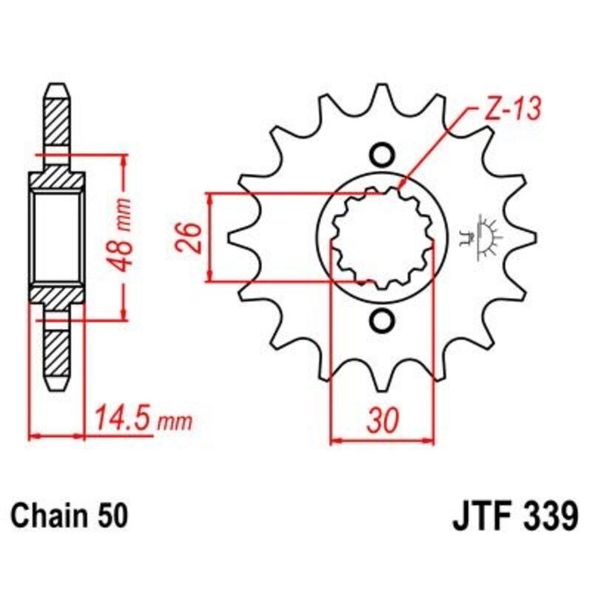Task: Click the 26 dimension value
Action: pos(191,237)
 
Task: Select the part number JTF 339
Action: pos(513,514)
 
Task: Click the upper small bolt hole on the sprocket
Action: pos(382,154)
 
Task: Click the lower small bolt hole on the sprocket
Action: pos(382,321)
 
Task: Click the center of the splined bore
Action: pos(382,238)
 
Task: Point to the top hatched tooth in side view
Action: pos(58,122)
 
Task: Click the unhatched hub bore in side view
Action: pos(58,237)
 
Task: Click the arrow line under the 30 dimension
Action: pos(382,442)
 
